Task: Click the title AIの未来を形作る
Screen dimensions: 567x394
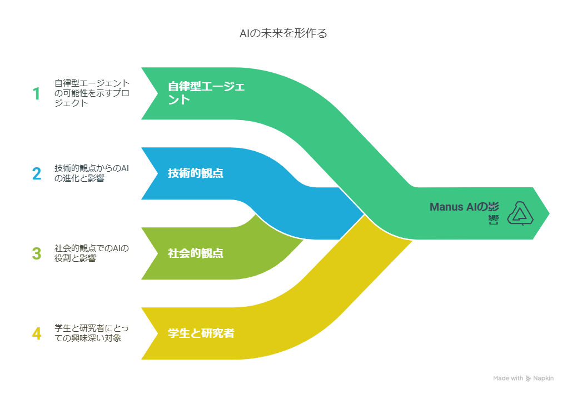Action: point(283,33)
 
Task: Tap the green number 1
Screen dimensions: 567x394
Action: point(36,93)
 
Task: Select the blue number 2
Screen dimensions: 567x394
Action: point(37,173)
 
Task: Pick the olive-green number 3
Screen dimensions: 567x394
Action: point(37,253)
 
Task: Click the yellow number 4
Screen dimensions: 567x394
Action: point(37,333)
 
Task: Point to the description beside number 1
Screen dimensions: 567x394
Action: point(92,93)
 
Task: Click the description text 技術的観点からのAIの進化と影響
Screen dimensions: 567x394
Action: point(92,173)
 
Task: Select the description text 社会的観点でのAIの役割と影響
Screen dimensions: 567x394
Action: point(92,253)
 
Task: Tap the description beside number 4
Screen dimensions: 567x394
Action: point(92,333)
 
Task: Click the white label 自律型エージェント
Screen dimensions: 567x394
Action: point(206,93)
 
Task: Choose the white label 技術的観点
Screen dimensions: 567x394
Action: point(196,173)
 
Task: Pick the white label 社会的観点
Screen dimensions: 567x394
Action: point(196,253)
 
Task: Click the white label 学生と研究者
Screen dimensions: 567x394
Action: point(201,333)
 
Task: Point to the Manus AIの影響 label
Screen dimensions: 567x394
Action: point(464,213)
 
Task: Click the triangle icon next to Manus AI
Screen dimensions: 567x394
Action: point(520,213)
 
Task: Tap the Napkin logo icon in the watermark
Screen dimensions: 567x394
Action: point(528,378)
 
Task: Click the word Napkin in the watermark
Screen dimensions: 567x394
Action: point(543,378)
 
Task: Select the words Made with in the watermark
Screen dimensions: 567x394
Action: point(508,378)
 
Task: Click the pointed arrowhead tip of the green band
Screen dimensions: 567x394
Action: point(549,213)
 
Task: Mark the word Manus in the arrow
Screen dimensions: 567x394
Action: point(446,207)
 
